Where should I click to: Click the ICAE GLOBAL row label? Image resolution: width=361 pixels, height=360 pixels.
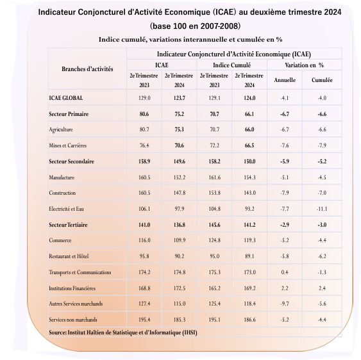pyautogui.click(x=66, y=98)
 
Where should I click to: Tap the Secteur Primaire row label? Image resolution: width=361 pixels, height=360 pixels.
pyautogui.click(x=69, y=114)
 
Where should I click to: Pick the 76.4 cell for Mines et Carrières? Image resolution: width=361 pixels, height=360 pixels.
pyautogui.click(x=144, y=145)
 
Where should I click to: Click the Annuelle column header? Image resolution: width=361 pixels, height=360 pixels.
pyautogui.click(x=285, y=80)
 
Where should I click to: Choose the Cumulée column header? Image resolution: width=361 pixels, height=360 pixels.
pyautogui.click(x=322, y=80)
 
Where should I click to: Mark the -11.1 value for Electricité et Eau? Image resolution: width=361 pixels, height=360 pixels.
pyautogui.click(x=322, y=209)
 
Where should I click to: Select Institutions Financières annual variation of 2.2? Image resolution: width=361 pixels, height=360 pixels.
pyautogui.click(x=285, y=288)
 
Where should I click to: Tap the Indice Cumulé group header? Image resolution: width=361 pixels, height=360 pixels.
pyautogui.click(x=231, y=65)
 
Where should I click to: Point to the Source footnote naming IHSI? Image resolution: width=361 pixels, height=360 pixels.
pyautogui.click(x=122, y=333)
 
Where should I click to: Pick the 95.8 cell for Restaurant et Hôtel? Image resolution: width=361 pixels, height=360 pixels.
pyautogui.click(x=144, y=256)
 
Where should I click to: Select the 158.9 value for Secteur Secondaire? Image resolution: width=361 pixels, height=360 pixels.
pyautogui.click(x=144, y=161)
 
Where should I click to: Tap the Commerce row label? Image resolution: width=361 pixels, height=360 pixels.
pyautogui.click(x=60, y=240)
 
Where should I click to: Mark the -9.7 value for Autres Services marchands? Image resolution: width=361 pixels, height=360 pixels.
pyautogui.click(x=285, y=304)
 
